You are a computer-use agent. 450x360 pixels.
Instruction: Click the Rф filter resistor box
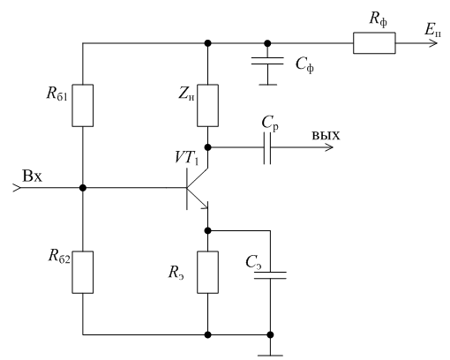374,43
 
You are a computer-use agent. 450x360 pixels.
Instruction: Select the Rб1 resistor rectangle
83,106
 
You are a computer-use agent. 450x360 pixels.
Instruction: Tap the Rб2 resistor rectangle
83,272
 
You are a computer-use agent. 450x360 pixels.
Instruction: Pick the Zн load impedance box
207,106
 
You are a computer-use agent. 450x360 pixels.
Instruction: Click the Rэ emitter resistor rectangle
207,272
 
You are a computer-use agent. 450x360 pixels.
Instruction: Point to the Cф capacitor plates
267,61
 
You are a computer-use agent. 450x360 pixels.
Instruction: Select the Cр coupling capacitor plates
267,148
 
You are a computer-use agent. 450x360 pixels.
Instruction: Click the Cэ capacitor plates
270,275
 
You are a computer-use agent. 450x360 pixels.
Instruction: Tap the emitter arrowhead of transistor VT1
205,206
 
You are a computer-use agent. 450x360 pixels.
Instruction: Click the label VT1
187,157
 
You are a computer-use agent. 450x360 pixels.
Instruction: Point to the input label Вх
32,176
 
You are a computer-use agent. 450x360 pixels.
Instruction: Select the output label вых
326,136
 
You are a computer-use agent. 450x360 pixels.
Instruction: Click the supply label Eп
432,30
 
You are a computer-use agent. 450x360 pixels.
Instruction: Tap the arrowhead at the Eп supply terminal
433,43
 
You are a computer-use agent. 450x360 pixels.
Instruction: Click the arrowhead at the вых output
329,147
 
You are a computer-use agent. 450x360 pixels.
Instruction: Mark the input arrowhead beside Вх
17,188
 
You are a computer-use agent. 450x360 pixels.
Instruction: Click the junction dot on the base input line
83,188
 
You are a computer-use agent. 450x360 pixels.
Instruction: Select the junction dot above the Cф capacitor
267,43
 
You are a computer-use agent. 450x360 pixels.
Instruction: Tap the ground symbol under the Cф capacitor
267,85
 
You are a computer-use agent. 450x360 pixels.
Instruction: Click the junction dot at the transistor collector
207,147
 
